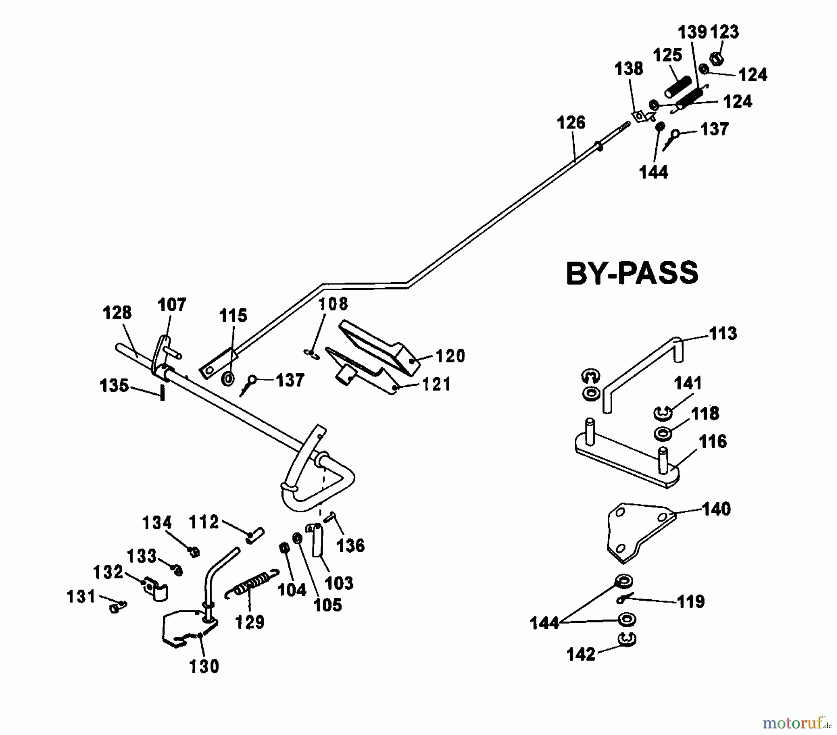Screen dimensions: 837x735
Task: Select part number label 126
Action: pyautogui.click(x=571, y=123)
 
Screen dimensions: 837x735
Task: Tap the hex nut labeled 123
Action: pyautogui.click(x=716, y=59)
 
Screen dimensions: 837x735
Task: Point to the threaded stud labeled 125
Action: pyautogui.click(x=678, y=87)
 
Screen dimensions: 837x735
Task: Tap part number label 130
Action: pyautogui.click(x=204, y=666)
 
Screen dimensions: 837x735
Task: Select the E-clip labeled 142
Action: pyautogui.click(x=627, y=640)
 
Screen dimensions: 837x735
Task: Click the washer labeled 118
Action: pyautogui.click(x=662, y=434)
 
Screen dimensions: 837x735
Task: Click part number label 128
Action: pyautogui.click(x=117, y=312)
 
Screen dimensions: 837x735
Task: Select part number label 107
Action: pyautogui.click(x=172, y=305)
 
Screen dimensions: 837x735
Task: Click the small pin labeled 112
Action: pyautogui.click(x=255, y=535)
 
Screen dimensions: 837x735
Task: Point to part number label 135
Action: pyautogui.click(x=114, y=385)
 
